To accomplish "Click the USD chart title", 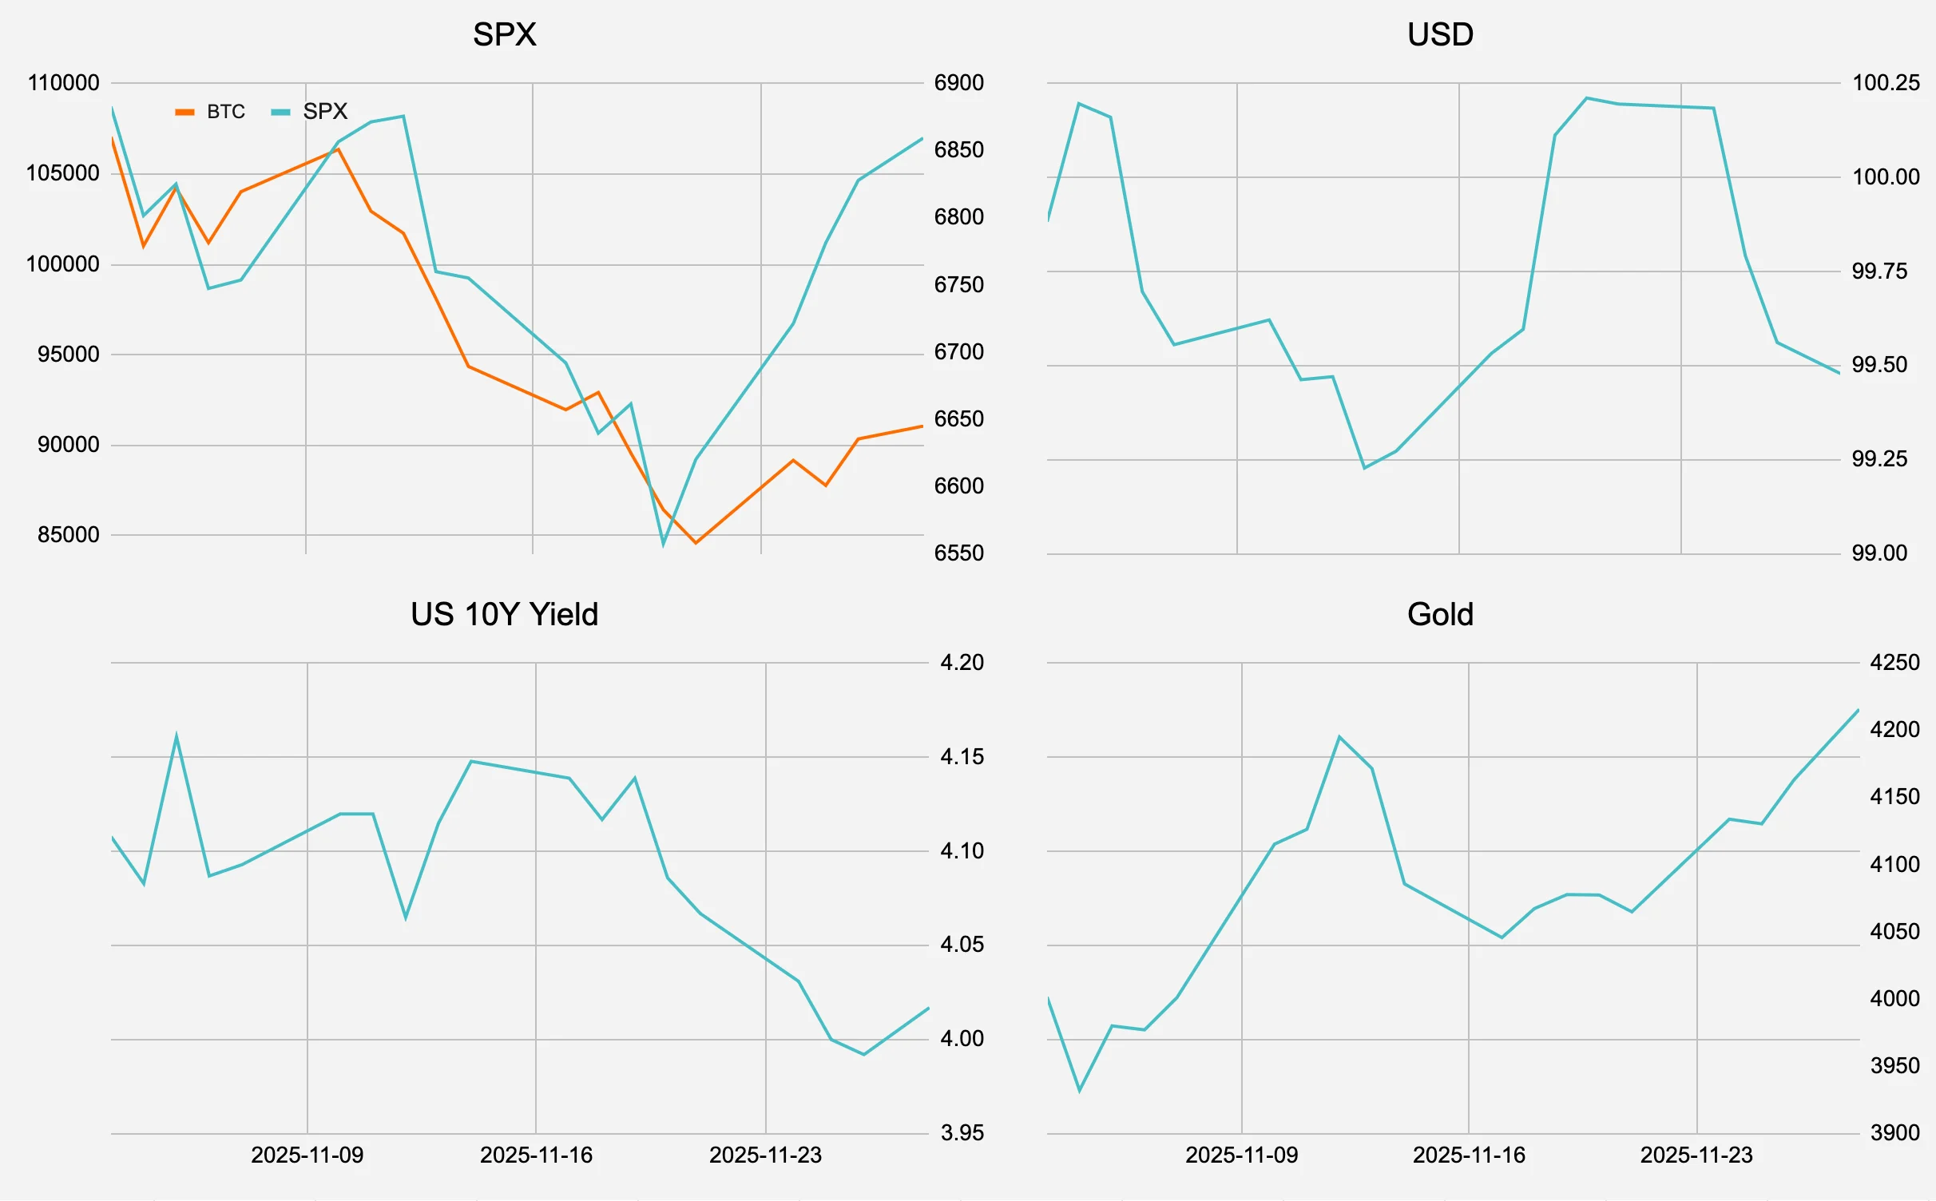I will tap(1440, 34).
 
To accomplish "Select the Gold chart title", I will tap(1440, 614).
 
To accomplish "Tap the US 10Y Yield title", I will tap(504, 614).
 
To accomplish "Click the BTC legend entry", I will tap(211, 112).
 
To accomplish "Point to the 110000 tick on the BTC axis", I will tap(63, 83).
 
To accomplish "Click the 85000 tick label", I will tap(69, 535).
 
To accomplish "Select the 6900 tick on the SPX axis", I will tap(958, 83).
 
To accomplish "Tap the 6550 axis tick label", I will tap(958, 553).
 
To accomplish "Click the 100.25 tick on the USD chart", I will tap(1885, 83).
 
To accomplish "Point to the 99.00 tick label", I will tap(1879, 553).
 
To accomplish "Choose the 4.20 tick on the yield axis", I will tap(962, 663).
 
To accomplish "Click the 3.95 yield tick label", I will tap(962, 1132).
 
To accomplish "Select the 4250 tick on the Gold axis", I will tap(1894, 663).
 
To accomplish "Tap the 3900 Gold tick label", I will tap(1894, 1132).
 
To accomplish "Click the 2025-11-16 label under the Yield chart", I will tap(536, 1155).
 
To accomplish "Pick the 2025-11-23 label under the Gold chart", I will tap(1696, 1155).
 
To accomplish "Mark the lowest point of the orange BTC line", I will tap(696, 543).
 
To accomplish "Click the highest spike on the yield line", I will tap(177, 736).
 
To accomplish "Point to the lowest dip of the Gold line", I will tap(1080, 1090).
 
